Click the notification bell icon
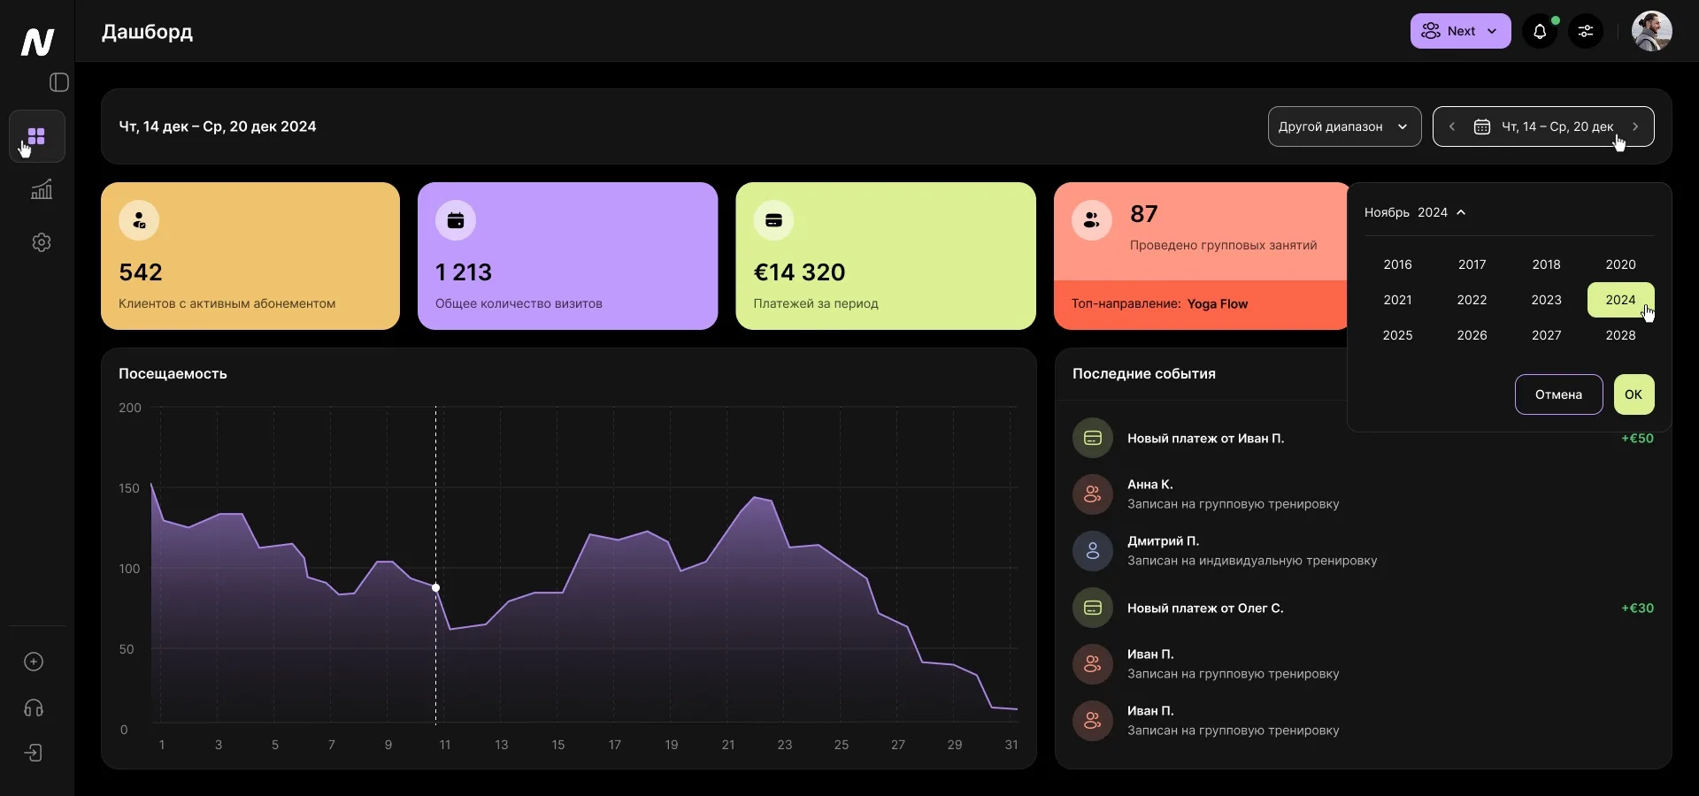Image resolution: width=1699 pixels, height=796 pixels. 1540,32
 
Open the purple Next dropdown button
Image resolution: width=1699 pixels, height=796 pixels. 1460,31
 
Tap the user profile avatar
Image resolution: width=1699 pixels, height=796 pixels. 1651,32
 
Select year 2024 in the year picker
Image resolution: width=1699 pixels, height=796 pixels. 1620,300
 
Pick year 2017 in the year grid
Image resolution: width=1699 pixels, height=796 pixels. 1472,264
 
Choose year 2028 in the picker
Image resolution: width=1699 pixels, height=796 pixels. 1620,335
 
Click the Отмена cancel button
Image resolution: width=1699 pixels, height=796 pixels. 1558,394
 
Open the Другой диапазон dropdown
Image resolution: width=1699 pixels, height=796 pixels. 1343,126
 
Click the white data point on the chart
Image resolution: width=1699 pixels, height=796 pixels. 435,587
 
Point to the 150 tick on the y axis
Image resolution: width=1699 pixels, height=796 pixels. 129,488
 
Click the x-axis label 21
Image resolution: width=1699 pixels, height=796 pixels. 727,745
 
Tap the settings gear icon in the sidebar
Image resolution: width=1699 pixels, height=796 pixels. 42,242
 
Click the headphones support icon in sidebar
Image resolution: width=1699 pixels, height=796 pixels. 34,708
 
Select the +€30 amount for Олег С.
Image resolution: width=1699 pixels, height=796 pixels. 1637,608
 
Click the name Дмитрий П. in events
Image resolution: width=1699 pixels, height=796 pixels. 1163,540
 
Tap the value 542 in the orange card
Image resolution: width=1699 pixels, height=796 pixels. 141,272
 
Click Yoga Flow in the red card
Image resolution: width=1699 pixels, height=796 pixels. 1217,304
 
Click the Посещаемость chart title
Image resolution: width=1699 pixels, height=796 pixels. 173,373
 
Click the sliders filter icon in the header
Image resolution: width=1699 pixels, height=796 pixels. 1586,32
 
